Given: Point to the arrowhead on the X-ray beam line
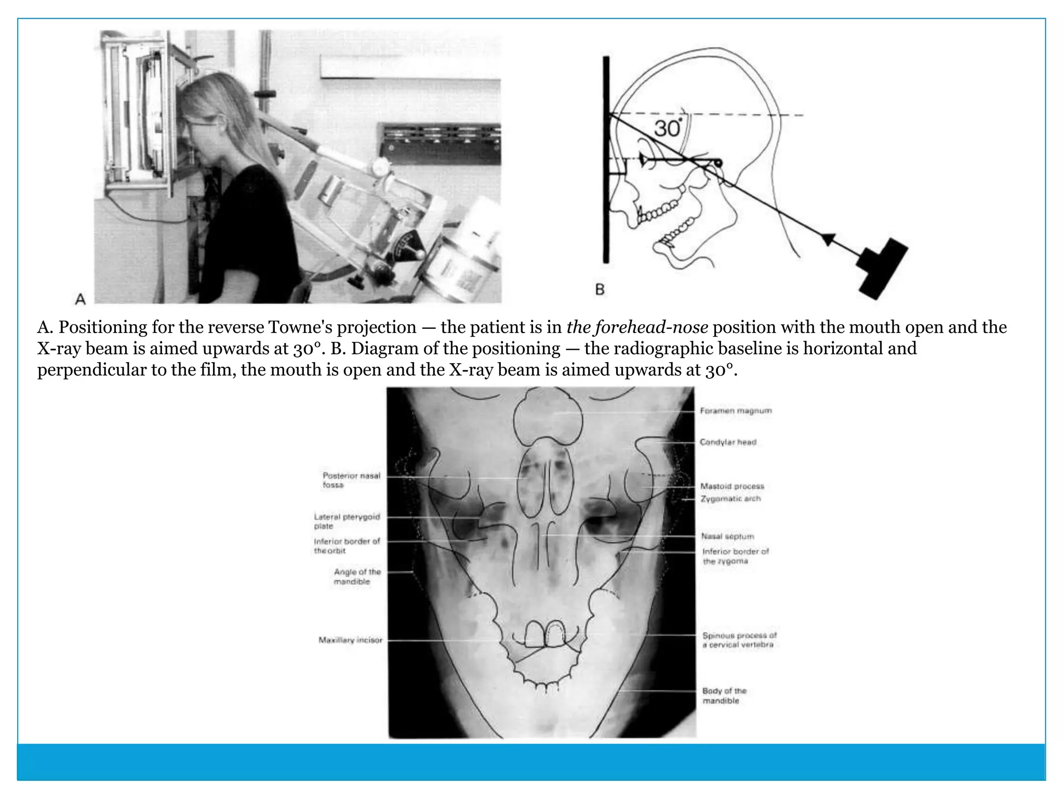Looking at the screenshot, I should [x=828, y=238].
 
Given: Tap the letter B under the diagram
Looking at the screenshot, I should [x=600, y=289].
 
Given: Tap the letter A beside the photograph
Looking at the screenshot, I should [x=80, y=299].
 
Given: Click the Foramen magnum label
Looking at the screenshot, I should [x=736, y=411].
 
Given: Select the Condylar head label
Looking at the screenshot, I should [x=728, y=442].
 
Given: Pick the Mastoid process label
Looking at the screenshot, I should [x=732, y=486].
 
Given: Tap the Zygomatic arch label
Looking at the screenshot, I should [x=730, y=499].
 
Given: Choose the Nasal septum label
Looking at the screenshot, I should [x=727, y=536].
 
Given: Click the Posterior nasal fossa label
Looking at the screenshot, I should [x=351, y=480].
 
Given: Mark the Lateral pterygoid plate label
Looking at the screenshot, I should [x=347, y=521].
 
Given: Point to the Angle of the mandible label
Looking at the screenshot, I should [x=357, y=576].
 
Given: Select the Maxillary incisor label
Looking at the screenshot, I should [x=350, y=640].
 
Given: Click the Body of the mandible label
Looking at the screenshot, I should [x=724, y=696].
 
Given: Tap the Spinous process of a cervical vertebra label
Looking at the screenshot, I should [x=739, y=640].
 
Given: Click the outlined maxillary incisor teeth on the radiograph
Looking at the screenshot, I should [x=545, y=634].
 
